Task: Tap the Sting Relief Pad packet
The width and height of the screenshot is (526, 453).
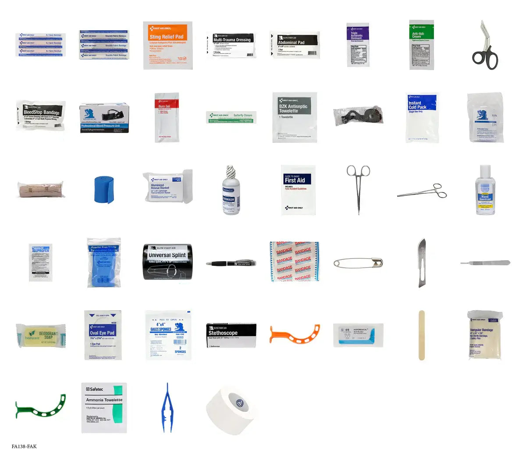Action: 168,45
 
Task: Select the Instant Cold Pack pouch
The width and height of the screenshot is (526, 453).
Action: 421,117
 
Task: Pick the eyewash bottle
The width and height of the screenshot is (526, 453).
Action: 231,191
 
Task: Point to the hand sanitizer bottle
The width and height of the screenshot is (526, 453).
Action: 485,191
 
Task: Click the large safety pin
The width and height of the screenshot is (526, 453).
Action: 358,263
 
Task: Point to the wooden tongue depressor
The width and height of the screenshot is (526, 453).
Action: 421,335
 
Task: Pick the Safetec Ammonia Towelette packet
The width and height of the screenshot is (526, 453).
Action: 104,407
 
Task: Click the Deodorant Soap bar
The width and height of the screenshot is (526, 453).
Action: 41,336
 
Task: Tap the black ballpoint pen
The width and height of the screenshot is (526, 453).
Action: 231,263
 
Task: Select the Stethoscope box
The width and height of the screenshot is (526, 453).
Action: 231,336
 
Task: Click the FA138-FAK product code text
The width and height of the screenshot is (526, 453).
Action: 25,446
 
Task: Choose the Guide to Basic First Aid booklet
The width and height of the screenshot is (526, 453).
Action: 298,190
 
